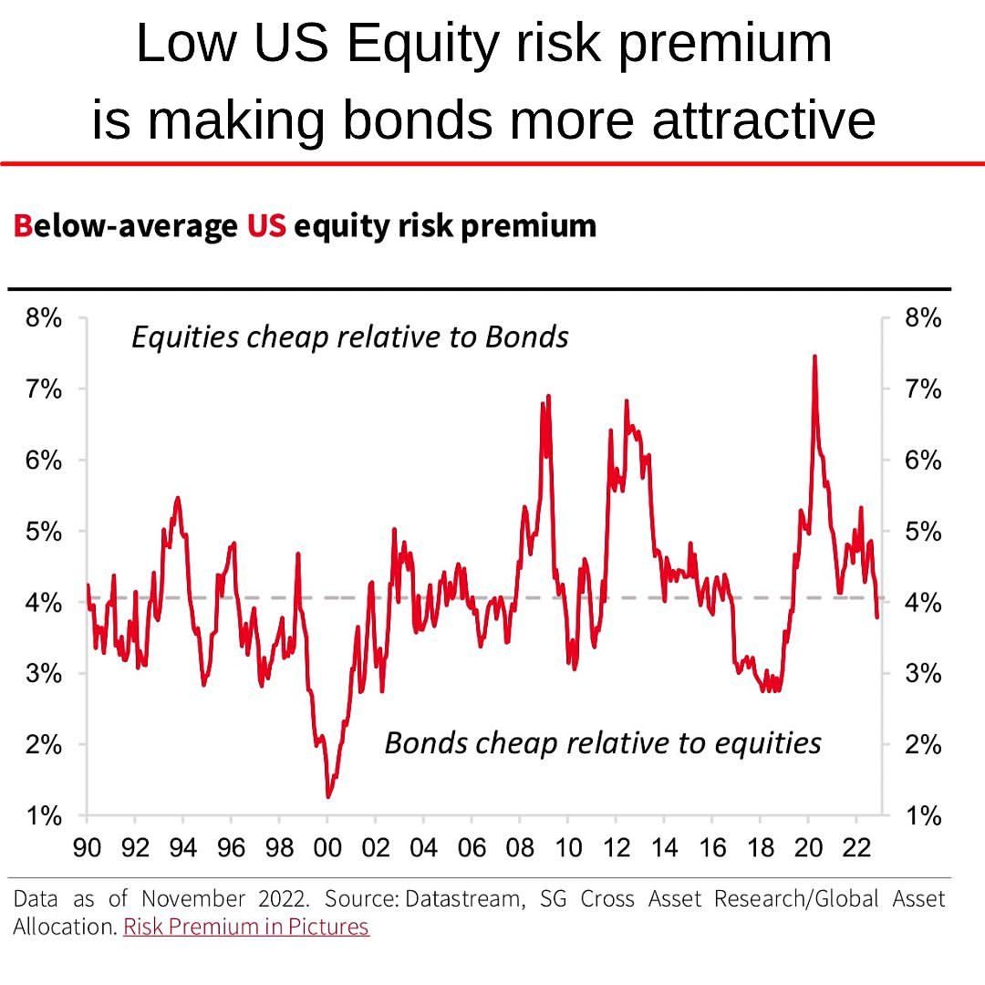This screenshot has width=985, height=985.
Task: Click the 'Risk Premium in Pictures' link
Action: [x=246, y=928]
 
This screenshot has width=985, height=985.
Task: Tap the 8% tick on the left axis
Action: [x=43, y=319]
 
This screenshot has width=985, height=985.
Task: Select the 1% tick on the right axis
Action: [x=923, y=816]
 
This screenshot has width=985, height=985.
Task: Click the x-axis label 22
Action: [x=856, y=848]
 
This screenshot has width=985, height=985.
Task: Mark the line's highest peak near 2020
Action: [x=814, y=357]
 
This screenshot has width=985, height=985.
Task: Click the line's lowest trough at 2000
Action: [x=328, y=796]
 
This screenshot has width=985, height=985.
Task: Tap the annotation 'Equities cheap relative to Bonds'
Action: [x=350, y=337]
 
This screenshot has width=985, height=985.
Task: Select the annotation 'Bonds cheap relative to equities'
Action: [x=602, y=743]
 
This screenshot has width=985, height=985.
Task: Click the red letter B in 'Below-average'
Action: [x=22, y=225]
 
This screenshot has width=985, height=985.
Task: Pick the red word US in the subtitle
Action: [x=266, y=225]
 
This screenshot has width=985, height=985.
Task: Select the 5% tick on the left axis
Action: [x=43, y=532]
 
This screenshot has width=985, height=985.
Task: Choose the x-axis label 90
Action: [x=87, y=848]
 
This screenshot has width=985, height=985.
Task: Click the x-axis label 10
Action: [x=567, y=848]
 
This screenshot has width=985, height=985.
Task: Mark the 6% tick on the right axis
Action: [x=923, y=461]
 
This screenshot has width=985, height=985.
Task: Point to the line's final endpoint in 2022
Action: [x=877, y=617]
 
